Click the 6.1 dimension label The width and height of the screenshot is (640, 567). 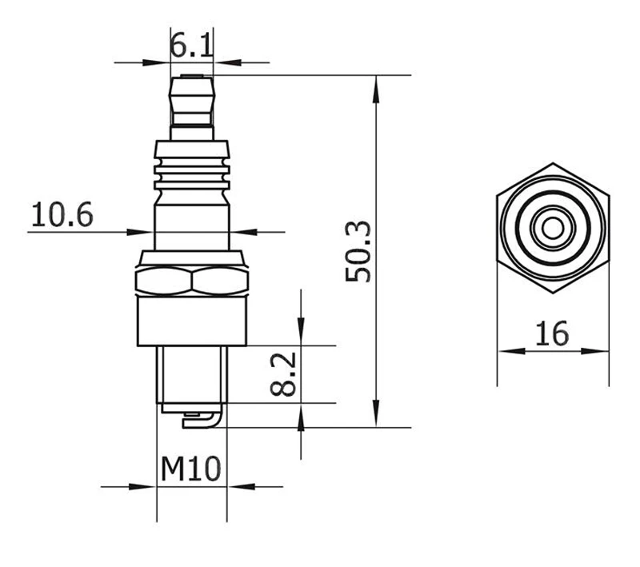pyautogui.click(x=191, y=46)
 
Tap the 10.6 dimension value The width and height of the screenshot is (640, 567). pyautogui.click(x=62, y=214)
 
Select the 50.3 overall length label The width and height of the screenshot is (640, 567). pyautogui.click(x=358, y=251)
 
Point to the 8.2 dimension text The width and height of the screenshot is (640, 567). pyautogui.click(x=283, y=374)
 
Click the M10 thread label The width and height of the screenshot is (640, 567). pyautogui.click(x=190, y=469)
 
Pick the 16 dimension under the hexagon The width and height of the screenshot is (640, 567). pyautogui.click(x=551, y=333)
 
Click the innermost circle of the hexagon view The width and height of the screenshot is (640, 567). pyautogui.click(x=553, y=228)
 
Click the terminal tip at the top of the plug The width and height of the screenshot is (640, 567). pyautogui.click(x=192, y=76)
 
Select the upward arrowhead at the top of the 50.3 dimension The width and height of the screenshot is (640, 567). pyautogui.click(x=376, y=89)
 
